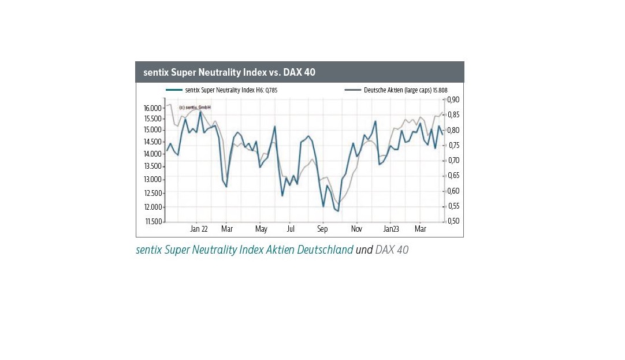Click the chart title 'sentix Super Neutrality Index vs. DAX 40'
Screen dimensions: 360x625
pos(229,72)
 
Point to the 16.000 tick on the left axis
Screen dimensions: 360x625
pos(152,109)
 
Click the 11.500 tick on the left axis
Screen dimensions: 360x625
pos(152,221)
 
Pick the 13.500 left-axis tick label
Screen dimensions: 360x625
pos(152,166)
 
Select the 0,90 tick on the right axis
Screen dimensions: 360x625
pos(453,99)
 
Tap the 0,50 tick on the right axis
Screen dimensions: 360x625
pos(453,221)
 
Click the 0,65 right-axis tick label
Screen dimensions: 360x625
pos(453,176)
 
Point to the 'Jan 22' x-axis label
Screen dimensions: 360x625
pos(199,229)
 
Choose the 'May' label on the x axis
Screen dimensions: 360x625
pos(261,229)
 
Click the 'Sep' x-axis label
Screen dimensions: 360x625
pos(322,229)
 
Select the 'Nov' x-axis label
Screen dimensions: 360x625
pos(356,229)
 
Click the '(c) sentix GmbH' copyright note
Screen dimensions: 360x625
pos(195,107)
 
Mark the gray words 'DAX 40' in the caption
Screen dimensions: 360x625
pos(392,250)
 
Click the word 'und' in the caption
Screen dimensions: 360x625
pos(364,250)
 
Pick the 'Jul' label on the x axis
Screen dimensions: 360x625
pos(291,229)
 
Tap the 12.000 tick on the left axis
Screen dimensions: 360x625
pos(152,207)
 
